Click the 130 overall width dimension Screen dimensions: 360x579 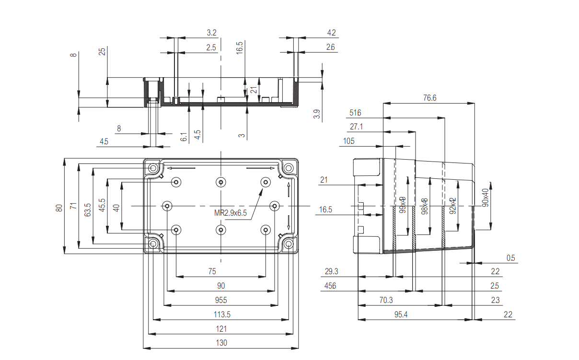(221, 343)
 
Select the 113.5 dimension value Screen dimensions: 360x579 (221, 314)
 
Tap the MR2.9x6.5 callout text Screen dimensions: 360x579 (230, 213)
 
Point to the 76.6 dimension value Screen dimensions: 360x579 (430, 98)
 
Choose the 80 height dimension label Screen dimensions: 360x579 (59, 208)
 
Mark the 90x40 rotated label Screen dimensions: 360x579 (485, 197)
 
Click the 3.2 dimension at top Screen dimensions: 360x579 (211, 33)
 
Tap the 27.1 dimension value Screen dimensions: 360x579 (356, 127)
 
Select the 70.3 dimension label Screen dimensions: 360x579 (386, 300)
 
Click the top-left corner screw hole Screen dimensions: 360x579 (153, 169)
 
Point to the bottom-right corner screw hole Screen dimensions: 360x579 (289, 244)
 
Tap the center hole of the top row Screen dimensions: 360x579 (220, 182)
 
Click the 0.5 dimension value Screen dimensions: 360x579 (511, 258)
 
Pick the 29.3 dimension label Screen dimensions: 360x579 (331, 272)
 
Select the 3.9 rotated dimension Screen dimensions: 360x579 (316, 115)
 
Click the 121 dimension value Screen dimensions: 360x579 (221, 329)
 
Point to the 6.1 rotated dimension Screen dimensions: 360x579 (184, 137)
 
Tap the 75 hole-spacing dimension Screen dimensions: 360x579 (212, 271)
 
